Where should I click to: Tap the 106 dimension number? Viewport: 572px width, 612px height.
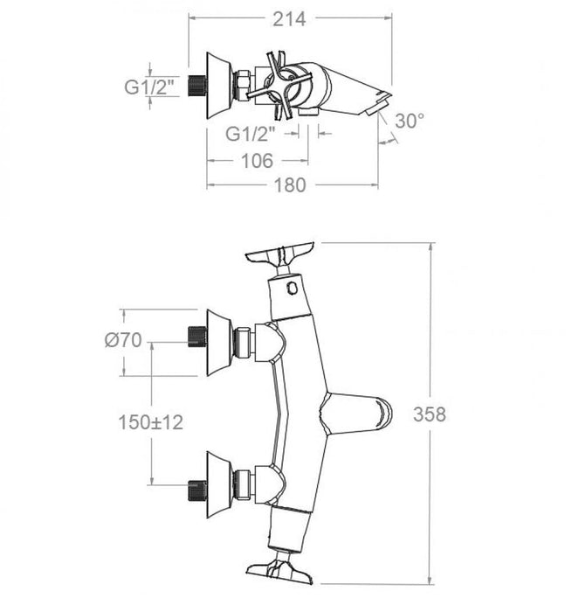coord(255,161)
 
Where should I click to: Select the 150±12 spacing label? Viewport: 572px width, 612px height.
coord(151,422)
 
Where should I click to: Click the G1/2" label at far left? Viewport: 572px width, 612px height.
coord(148,86)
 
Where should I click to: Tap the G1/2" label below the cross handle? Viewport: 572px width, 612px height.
coord(252,134)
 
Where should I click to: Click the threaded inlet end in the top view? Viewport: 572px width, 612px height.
coord(196,85)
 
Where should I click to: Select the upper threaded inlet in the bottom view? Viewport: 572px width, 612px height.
coord(196,336)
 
